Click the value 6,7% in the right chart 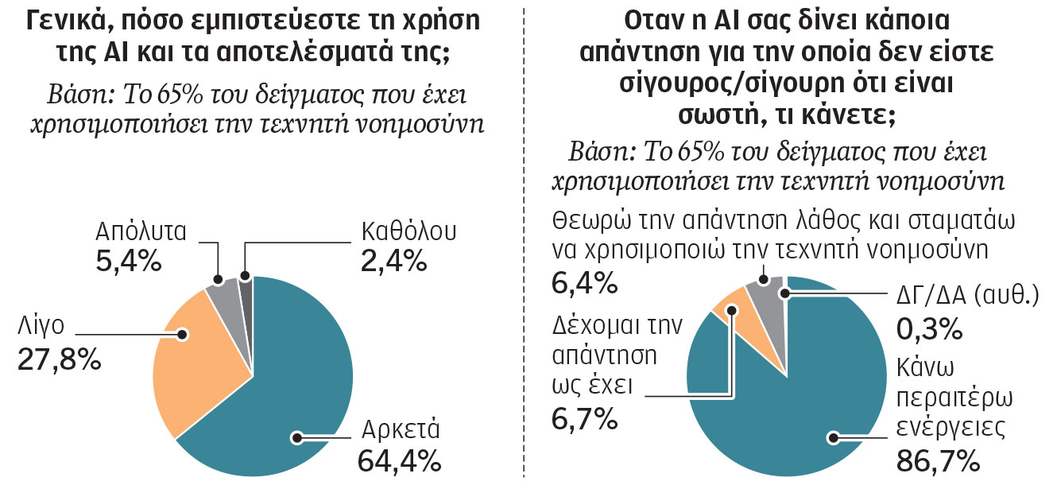pyautogui.click(x=585, y=415)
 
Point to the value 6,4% pyautogui.click(x=585, y=281)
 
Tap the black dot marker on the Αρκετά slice pyautogui.click(x=298, y=437)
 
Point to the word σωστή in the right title pyautogui.click(x=718, y=114)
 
